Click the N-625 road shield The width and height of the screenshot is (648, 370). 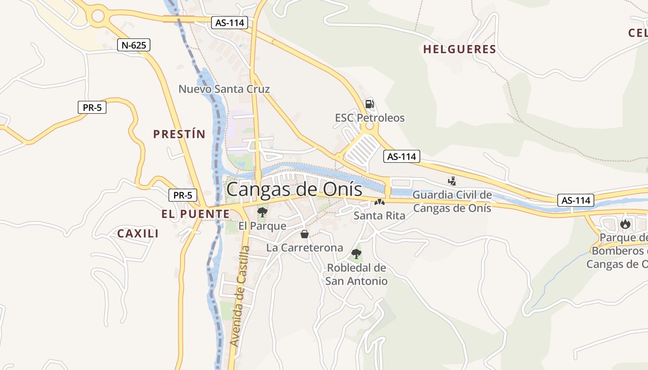pyautogui.click(x=134, y=45)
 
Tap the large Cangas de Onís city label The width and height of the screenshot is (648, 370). pyautogui.click(x=294, y=190)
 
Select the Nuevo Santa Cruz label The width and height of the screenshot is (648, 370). pyautogui.click(x=224, y=89)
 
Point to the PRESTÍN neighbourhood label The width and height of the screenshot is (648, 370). pyautogui.click(x=179, y=134)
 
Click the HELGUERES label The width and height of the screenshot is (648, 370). pyautogui.click(x=459, y=49)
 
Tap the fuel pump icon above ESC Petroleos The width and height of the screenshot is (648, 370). pyautogui.click(x=369, y=104)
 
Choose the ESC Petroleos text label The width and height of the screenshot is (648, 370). pyautogui.click(x=369, y=118)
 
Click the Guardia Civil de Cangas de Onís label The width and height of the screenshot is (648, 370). pyautogui.click(x=452, y=201)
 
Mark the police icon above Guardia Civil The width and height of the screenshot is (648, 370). pyautogui.click(x=452, y=181)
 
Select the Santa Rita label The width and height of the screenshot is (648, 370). pyautogui.click(x=379, y=216)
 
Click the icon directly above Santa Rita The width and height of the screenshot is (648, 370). pyautogui.click(x=380, y=202)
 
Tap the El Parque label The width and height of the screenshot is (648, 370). pyautogui.click(x=262, y=226)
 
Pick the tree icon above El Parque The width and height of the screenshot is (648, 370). pyautogui.click(x=262, y=212)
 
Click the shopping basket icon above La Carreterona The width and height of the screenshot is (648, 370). pyautogui.click(x=305, y=234)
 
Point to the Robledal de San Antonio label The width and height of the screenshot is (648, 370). pyautogui.click(x=356, y=274)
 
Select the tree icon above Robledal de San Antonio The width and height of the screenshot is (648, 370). pyautogui.click(x=356, y=253)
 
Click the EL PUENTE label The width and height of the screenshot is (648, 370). pyautogui.click(x=195, y=214)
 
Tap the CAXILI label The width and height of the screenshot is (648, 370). pyautogui.click(x=137, y=234)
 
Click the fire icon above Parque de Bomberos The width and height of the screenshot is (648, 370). pyautogui.click(x=625, y=224)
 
